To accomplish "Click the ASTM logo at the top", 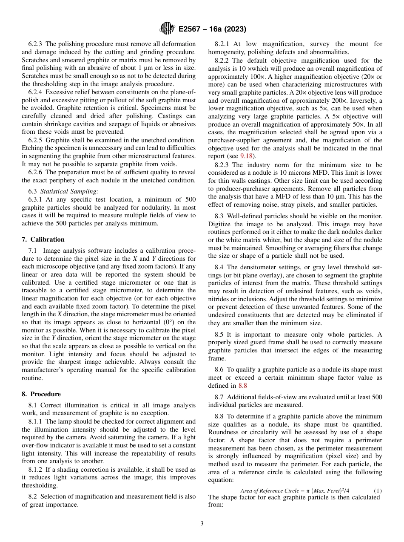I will coord(167,29).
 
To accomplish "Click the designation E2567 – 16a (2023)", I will coord(212,29).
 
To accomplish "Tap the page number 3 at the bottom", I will coord(202,523).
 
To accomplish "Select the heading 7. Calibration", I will coord(43,239).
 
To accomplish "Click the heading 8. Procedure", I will coord(41,394).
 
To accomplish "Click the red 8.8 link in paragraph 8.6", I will coord(242,386).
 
